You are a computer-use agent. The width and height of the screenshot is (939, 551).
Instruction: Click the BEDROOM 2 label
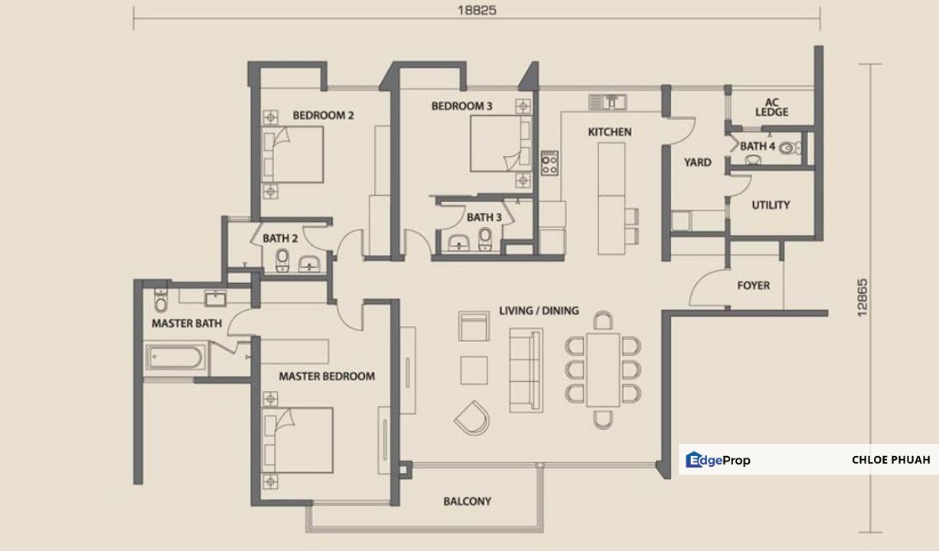pyautogui.click(x=323, y=116)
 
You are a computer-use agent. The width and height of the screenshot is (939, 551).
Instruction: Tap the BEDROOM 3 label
pyautogui.click(x=461, y=106)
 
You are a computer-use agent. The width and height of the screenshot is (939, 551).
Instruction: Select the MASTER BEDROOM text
pyautogui.click(x=327, y=377)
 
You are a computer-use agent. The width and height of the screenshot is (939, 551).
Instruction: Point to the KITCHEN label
pyautogui.click(x=609, y=132)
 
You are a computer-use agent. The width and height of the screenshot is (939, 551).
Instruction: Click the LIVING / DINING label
pyautogui.click(x=539, y=311)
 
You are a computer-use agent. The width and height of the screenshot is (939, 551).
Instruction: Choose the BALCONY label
pyautogui.click(x=467, y=502)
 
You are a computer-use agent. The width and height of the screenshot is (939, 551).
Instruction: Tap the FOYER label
pyautogui.click(x=753, y=285)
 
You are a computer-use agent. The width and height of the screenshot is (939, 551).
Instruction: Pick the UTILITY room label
pyautogui.click(x=771, y=205)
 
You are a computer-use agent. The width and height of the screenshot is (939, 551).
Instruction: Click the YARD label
pyautogui.click(x=697, y=162)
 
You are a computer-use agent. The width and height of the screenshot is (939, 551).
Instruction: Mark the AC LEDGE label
pyautogui.click(x=771, y=107)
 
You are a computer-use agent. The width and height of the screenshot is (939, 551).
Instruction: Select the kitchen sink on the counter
pyautogui.click(x=608, y=101)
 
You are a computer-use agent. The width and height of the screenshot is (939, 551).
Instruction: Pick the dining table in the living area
pyautogui.click(x=603, y=369)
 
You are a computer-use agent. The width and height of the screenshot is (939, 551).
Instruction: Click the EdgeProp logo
pyautogui.click(x=718, y=460)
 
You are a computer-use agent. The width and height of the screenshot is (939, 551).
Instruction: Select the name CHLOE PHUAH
pyautogui.click(x=890, y=460)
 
